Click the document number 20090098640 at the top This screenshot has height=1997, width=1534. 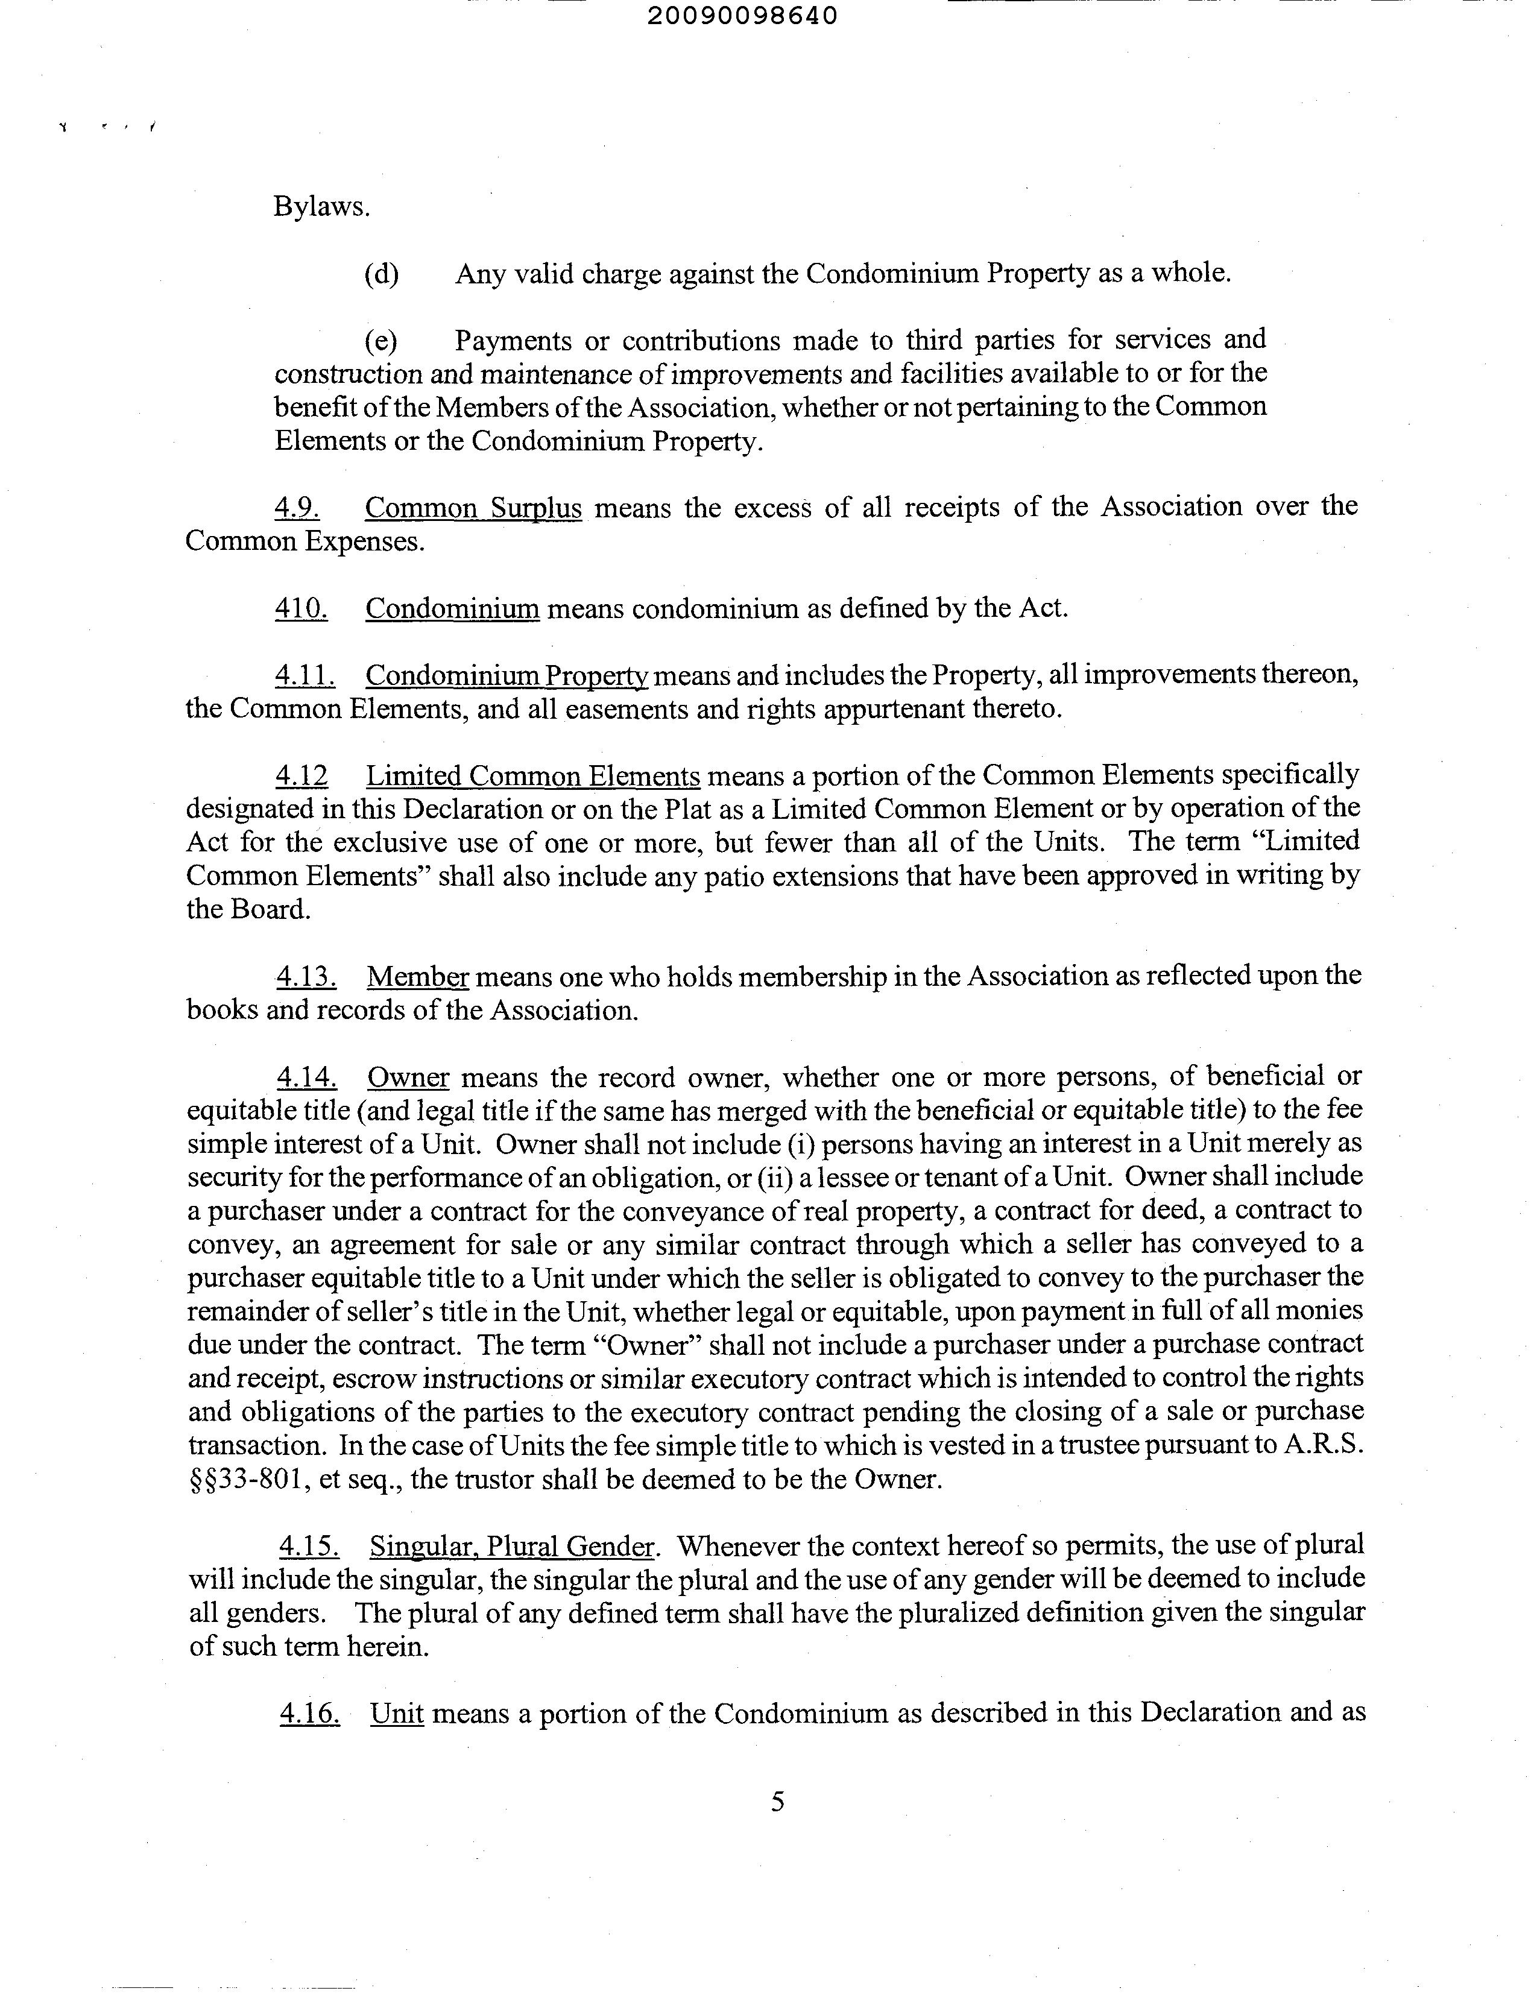[742, 16]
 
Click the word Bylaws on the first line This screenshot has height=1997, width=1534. [321, 207]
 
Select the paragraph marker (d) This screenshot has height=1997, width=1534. [382, 274]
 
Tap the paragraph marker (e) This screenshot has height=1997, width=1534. [380, 341]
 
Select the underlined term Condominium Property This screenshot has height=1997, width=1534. [507, 676]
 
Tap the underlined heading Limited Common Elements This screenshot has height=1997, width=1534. [533, 776]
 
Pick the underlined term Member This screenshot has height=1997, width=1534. [417, 977]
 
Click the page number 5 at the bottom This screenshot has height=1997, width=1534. [778, 1802]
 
